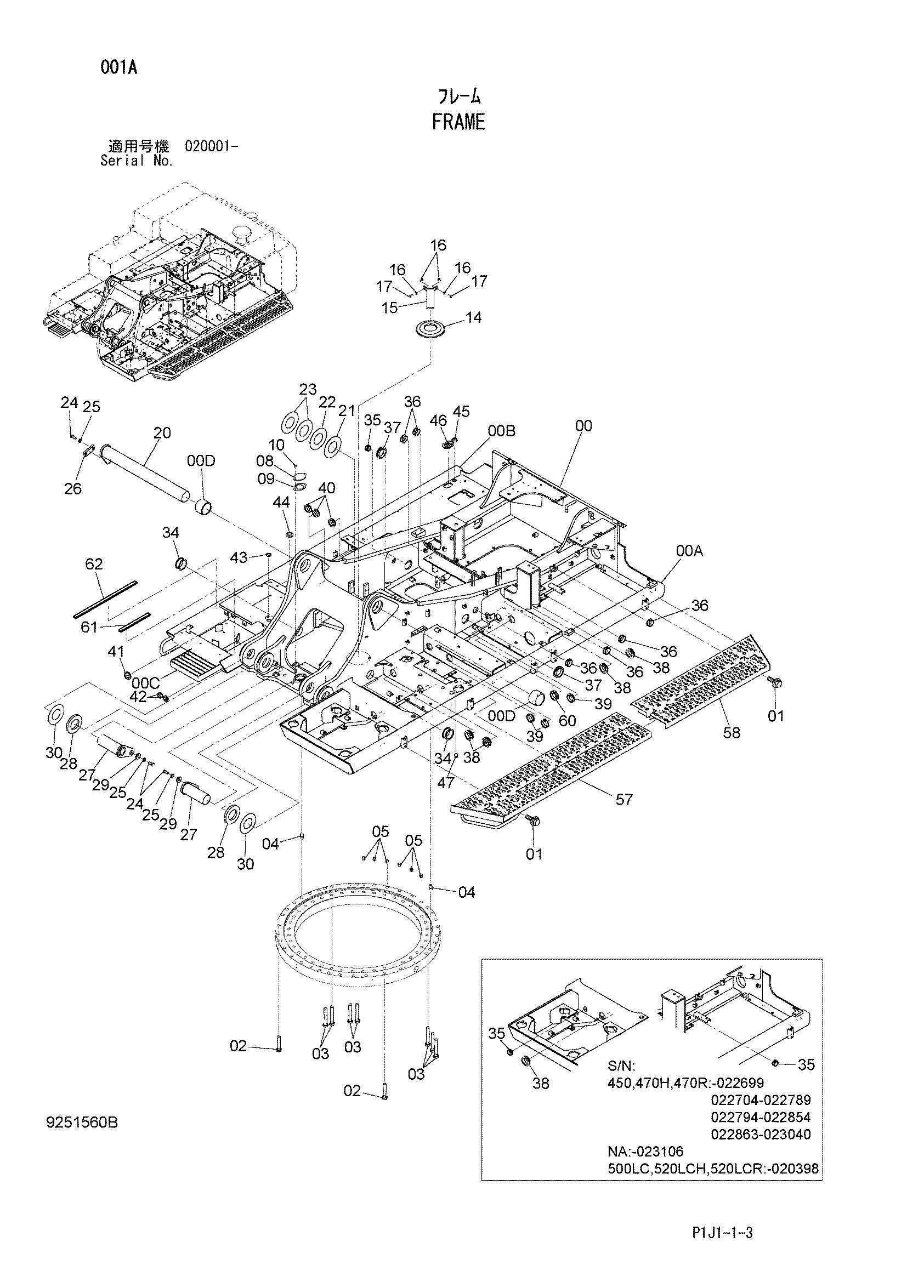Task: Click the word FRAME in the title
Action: point(458,122)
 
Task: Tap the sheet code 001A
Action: point(119,68)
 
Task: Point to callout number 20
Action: point(162,433)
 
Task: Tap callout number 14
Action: point(473,317)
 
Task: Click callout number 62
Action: point(94,564)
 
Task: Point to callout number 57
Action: point(624,800)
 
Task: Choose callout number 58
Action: point(731,732)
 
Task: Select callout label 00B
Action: point(502,430)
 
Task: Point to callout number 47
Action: point(445,783)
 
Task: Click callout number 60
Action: point(567,721)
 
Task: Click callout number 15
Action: point(390,307)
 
